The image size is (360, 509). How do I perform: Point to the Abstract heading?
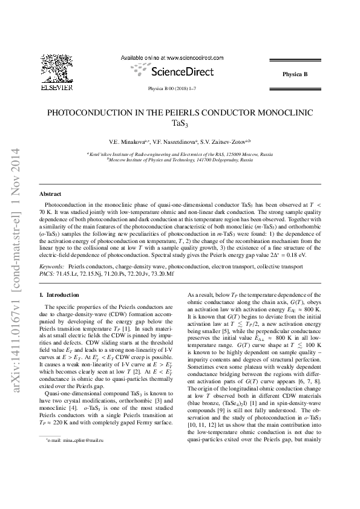tap(50, 194)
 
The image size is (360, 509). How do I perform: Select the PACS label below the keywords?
tap(47, 273)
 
